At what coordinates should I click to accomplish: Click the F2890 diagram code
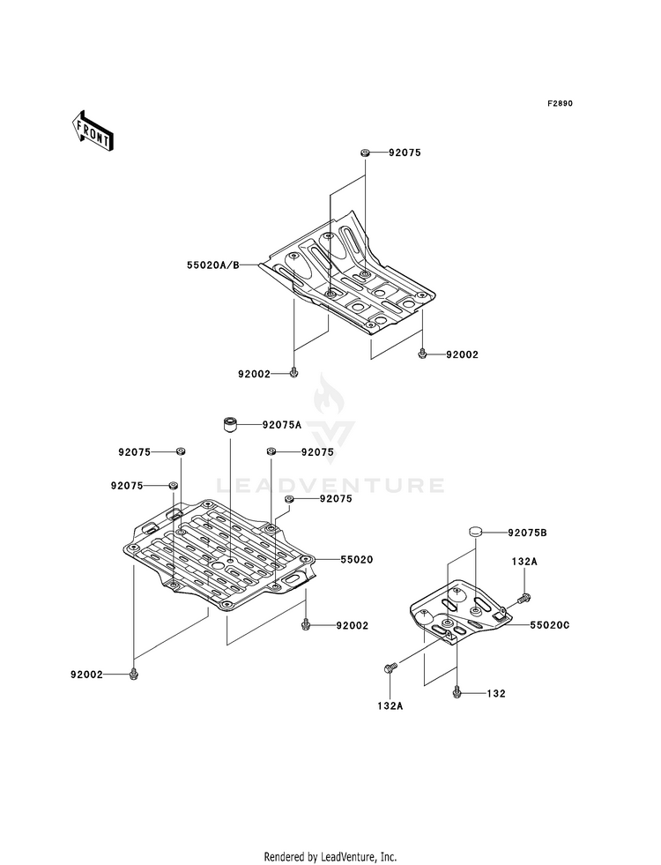[560, 104]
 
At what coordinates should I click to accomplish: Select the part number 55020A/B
[212, 265]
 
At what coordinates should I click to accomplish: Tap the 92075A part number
[281, 424]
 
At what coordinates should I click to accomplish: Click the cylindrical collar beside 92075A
[232, 425]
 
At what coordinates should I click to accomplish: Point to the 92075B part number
[526, 533]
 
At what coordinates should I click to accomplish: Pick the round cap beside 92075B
[475, 533]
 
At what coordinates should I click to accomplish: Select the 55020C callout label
[550, 624]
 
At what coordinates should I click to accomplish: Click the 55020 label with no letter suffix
[332, 559]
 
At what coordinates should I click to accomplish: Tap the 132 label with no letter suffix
[495, 694]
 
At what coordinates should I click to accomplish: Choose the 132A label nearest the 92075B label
[525, 561]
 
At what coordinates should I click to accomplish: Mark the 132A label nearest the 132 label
[389, 705]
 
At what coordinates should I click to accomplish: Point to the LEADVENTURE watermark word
[330, 485]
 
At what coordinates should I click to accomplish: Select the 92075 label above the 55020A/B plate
[404, 153]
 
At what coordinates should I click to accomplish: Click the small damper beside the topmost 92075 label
[364, 153]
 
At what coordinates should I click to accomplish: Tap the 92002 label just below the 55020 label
[351, 625]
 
